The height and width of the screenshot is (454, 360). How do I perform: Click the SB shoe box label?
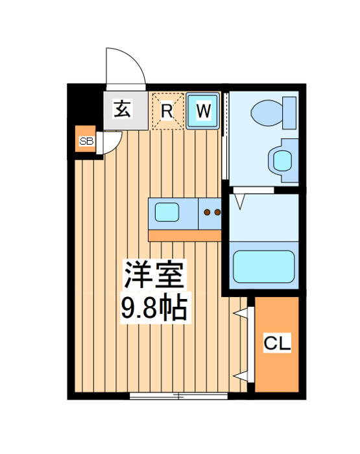tap(86, 140)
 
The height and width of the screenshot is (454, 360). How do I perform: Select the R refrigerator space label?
tap(167, 110)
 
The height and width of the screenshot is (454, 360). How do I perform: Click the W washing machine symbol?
tap(204, 110)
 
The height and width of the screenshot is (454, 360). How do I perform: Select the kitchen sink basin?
tap(167, 211)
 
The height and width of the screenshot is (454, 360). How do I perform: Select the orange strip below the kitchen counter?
tap(185, 235)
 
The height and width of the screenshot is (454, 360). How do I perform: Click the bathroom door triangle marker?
tap(239, 200)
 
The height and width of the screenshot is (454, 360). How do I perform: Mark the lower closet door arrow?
tap(243, 376)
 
